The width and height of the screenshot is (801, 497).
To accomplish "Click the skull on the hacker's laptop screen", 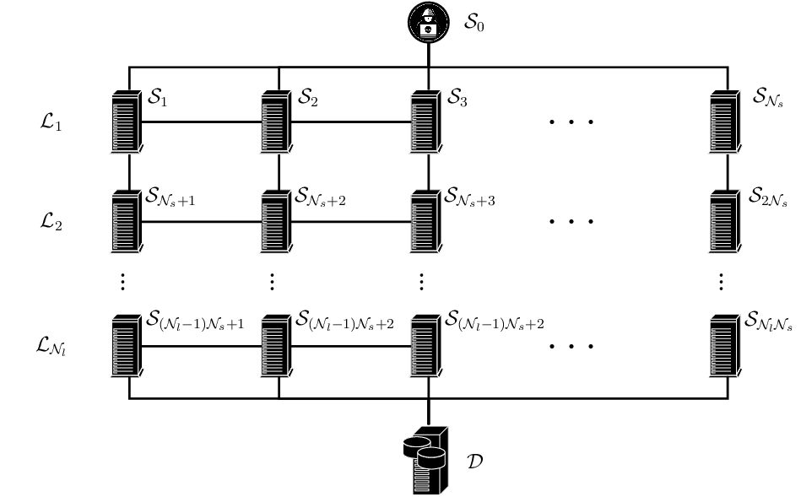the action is (x=428, y=30).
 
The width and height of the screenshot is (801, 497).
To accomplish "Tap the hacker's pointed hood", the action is (x=428, y=11).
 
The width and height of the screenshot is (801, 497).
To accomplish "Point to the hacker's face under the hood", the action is (x=428, y=19).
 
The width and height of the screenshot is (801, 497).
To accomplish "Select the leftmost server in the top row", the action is (x=126, y=122).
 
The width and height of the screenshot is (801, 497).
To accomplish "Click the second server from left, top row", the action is (x=275, y=122).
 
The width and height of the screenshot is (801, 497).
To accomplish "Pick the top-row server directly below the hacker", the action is (x=425, y=122).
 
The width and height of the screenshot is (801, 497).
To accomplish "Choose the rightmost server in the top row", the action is (x=724, y=122).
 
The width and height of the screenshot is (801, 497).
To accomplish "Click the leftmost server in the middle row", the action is (x=126, y=222).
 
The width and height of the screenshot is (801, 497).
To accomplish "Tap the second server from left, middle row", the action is (x=275, y=222).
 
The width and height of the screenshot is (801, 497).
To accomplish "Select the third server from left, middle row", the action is (x=425, y=222).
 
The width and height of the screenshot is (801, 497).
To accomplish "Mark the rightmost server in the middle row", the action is (x=724, y=222).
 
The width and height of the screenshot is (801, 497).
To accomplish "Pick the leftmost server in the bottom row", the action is (x=126, y=347).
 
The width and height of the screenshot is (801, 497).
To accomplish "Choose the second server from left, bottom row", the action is (x=275, y=347).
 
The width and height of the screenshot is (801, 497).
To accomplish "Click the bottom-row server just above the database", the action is (x=425, y=347).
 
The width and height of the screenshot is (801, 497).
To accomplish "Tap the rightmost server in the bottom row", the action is (x=724, y=347).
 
